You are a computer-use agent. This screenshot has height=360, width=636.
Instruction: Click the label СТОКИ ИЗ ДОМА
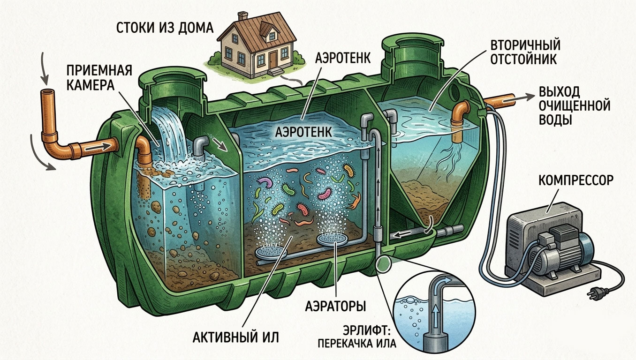[x=165, y=28]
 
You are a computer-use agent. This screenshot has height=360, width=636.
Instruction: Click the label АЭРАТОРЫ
[x=335, y=306]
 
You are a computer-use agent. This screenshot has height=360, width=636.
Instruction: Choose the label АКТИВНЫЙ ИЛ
[x=235, y=337]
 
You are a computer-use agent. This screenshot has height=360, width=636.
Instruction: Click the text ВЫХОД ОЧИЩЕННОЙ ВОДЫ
[x=575, y=105]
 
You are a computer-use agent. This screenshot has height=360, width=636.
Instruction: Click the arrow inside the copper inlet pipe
[x=98, y=147]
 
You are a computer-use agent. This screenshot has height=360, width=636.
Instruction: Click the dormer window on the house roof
[x=272, y=36]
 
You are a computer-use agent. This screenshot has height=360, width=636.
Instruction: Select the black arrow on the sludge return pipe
[x=401, y=234]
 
